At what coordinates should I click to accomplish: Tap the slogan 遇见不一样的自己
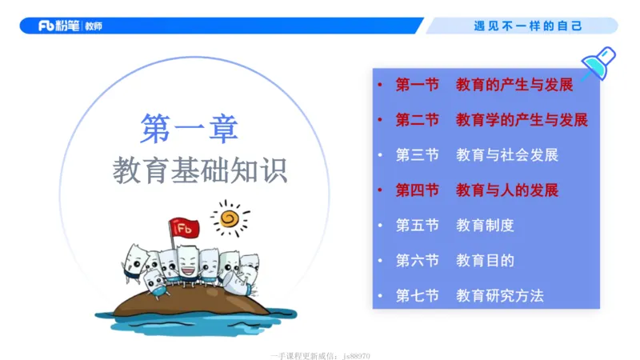(x=528, y=26)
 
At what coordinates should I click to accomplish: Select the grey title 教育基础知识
(x=199, y=170)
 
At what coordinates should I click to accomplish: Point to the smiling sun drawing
(x=229, y=218)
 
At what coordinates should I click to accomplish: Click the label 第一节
(x=418, y=85)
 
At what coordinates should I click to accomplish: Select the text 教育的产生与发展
(x=514, y=85)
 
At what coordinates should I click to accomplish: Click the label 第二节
(x=418, y=120)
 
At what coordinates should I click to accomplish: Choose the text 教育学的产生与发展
(x=522, y=120)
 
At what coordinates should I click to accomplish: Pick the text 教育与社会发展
(x=507, y=155)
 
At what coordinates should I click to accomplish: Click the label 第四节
(x=418, y=190)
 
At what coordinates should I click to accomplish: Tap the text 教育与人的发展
(x=507, y=190)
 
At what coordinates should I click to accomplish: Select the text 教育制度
(x=485, y=226)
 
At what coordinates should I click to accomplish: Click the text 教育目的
(x=485, y=261)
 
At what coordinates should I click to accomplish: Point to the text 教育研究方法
(x=500, y=296)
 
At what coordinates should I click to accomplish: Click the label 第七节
(x=418, y=296)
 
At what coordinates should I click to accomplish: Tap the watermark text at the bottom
(x=321, y=355)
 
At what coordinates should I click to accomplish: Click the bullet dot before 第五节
(x=381, y=226)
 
